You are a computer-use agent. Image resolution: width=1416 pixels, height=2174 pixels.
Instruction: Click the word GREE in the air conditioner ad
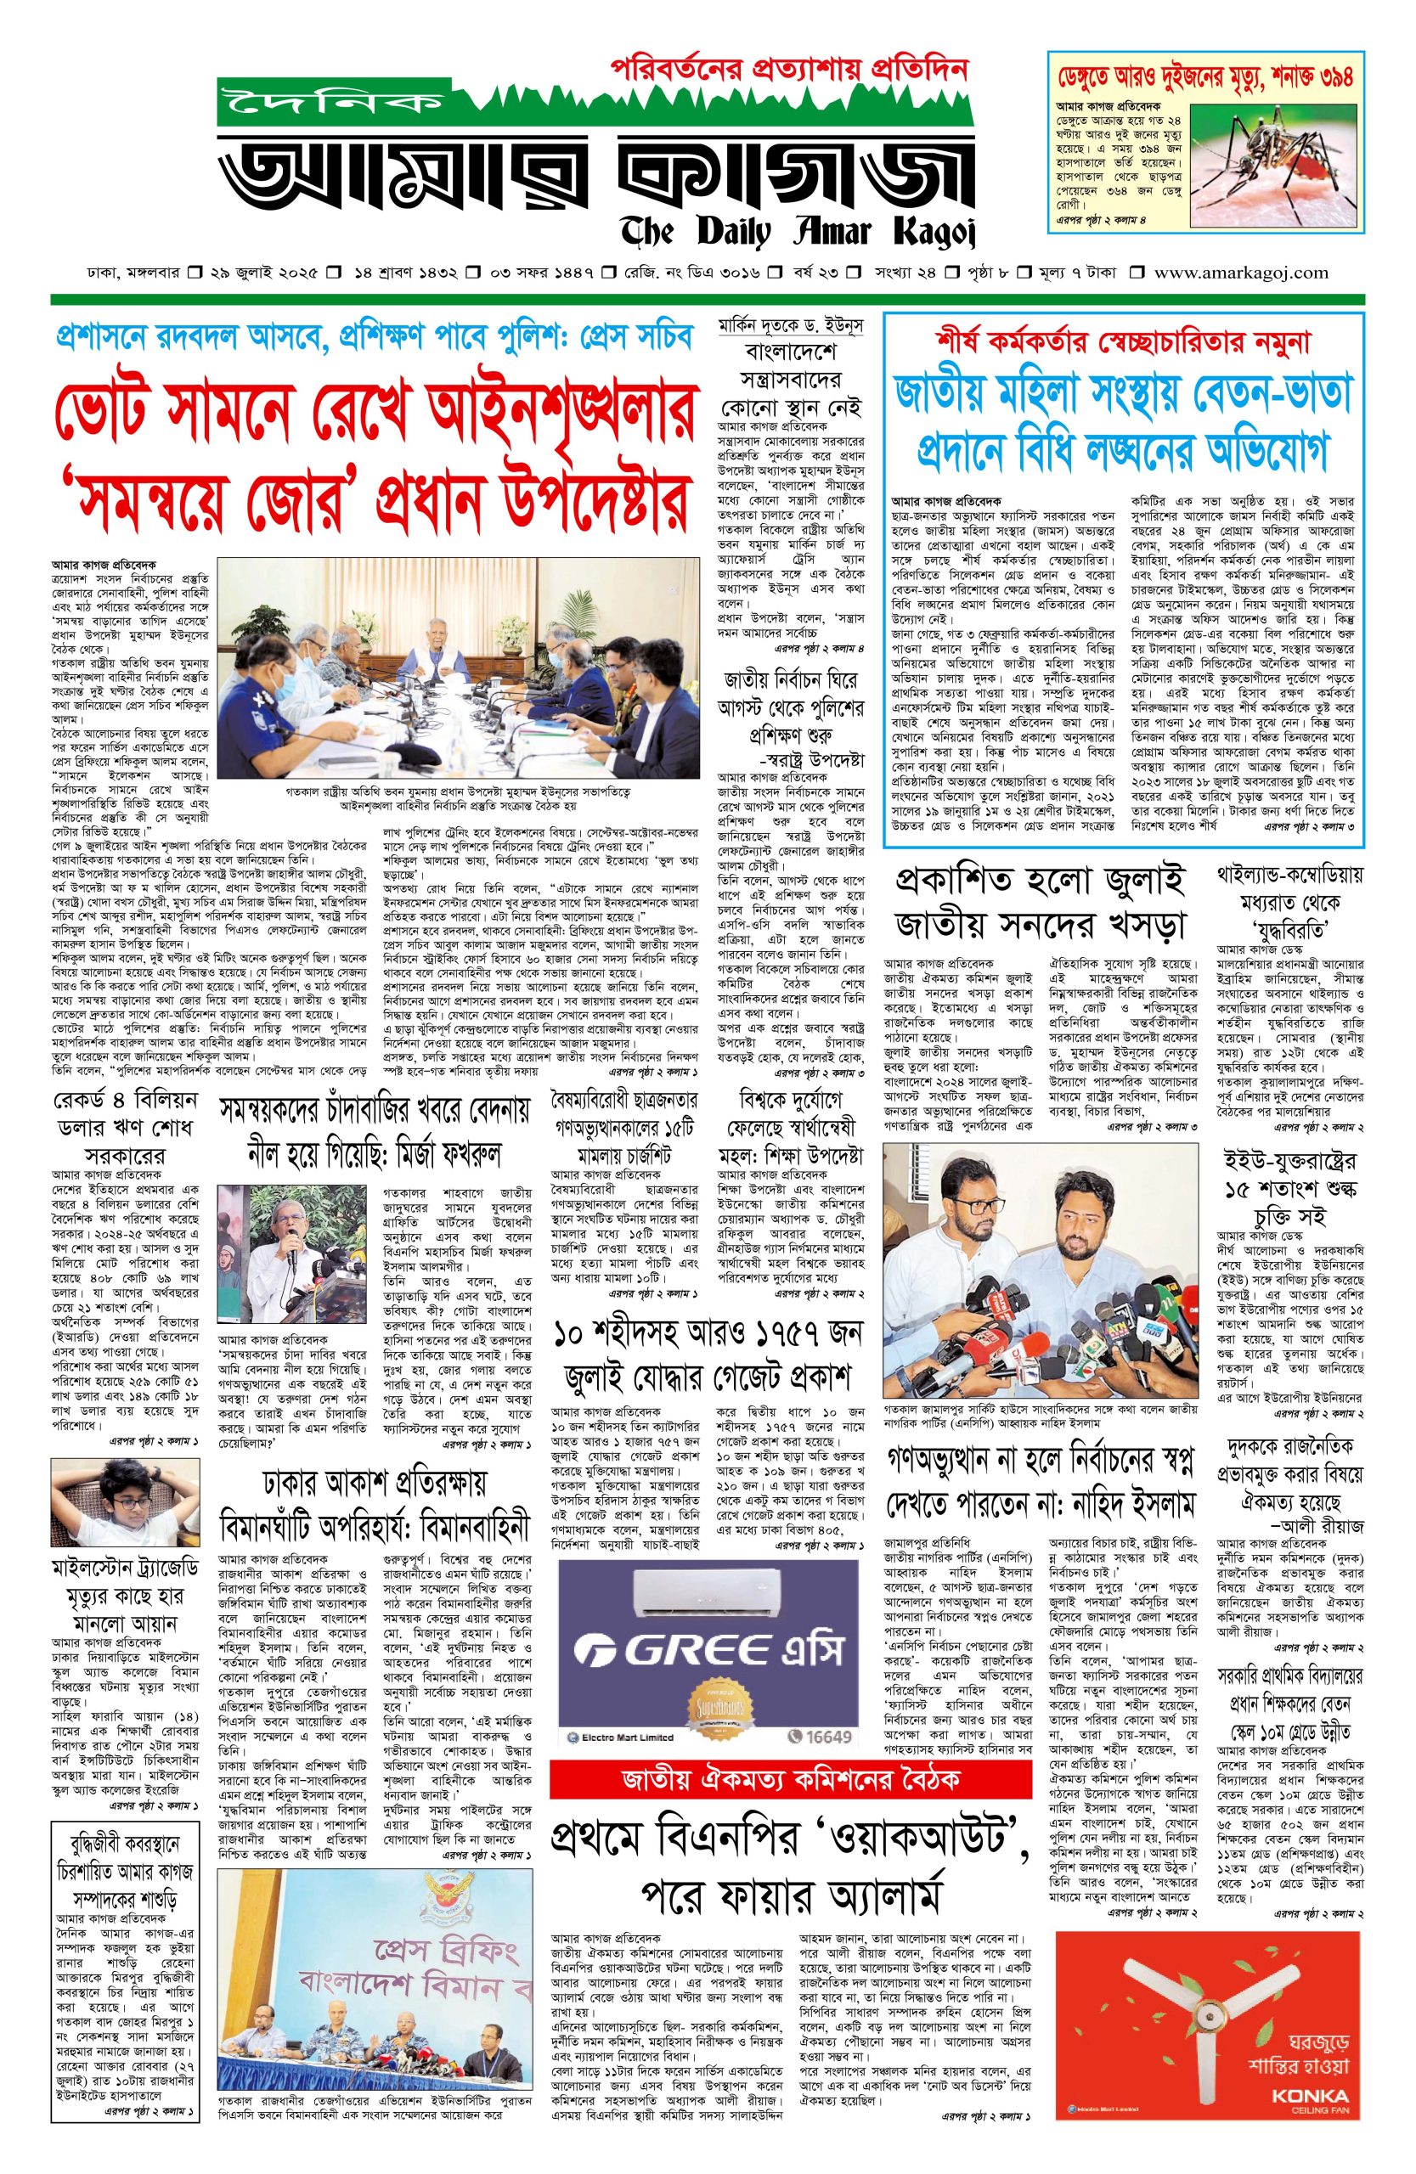[673, 1652]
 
